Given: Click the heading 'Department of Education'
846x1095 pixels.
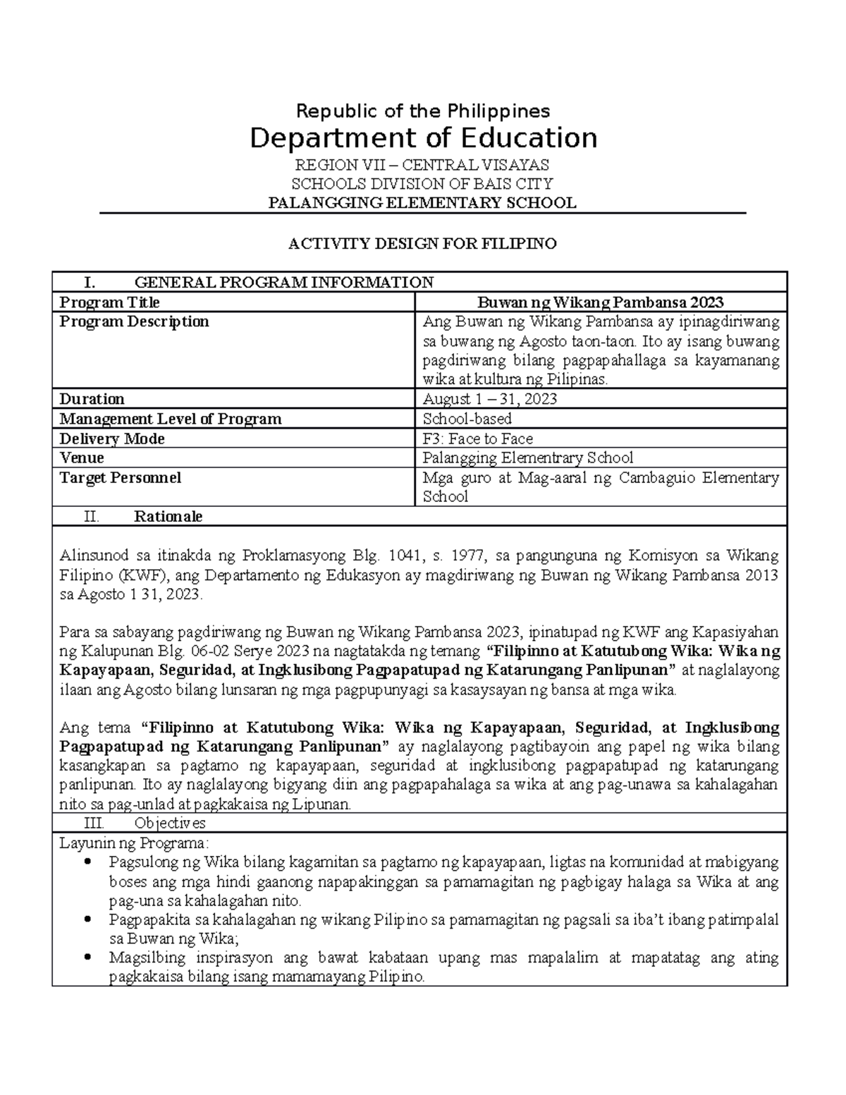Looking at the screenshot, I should [x=423, y=138].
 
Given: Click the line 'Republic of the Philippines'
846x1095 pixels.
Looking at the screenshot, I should [x=423, y=111].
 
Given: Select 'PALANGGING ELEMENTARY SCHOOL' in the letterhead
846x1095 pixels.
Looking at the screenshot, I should [x=423, y=203].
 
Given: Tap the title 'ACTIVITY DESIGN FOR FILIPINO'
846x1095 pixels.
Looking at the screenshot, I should [x=423, y=244].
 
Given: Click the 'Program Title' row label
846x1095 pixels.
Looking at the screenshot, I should [x=109, y=302].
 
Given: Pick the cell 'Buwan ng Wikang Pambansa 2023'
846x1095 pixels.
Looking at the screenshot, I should [x=601, y=302].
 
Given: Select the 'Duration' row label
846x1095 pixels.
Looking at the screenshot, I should [x=92, y=399].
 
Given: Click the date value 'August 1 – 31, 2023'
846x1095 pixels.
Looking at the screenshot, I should [x=489, y=399].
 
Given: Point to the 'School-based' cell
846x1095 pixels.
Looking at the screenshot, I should [x=467, y=419].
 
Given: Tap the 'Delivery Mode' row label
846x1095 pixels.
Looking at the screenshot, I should [x=111, y=439].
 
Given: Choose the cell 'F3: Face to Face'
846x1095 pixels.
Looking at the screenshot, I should [x=477, y=439].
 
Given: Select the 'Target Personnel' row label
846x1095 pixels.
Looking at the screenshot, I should [x=120, y=477].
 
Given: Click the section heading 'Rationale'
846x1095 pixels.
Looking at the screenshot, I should [x=168, y=516].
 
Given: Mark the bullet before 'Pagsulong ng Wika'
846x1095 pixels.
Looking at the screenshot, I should [x=87, y=862].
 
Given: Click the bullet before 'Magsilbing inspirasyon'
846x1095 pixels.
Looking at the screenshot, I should [x=87, y=958].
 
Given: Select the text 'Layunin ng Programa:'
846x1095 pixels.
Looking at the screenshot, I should [x=133, y=843].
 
